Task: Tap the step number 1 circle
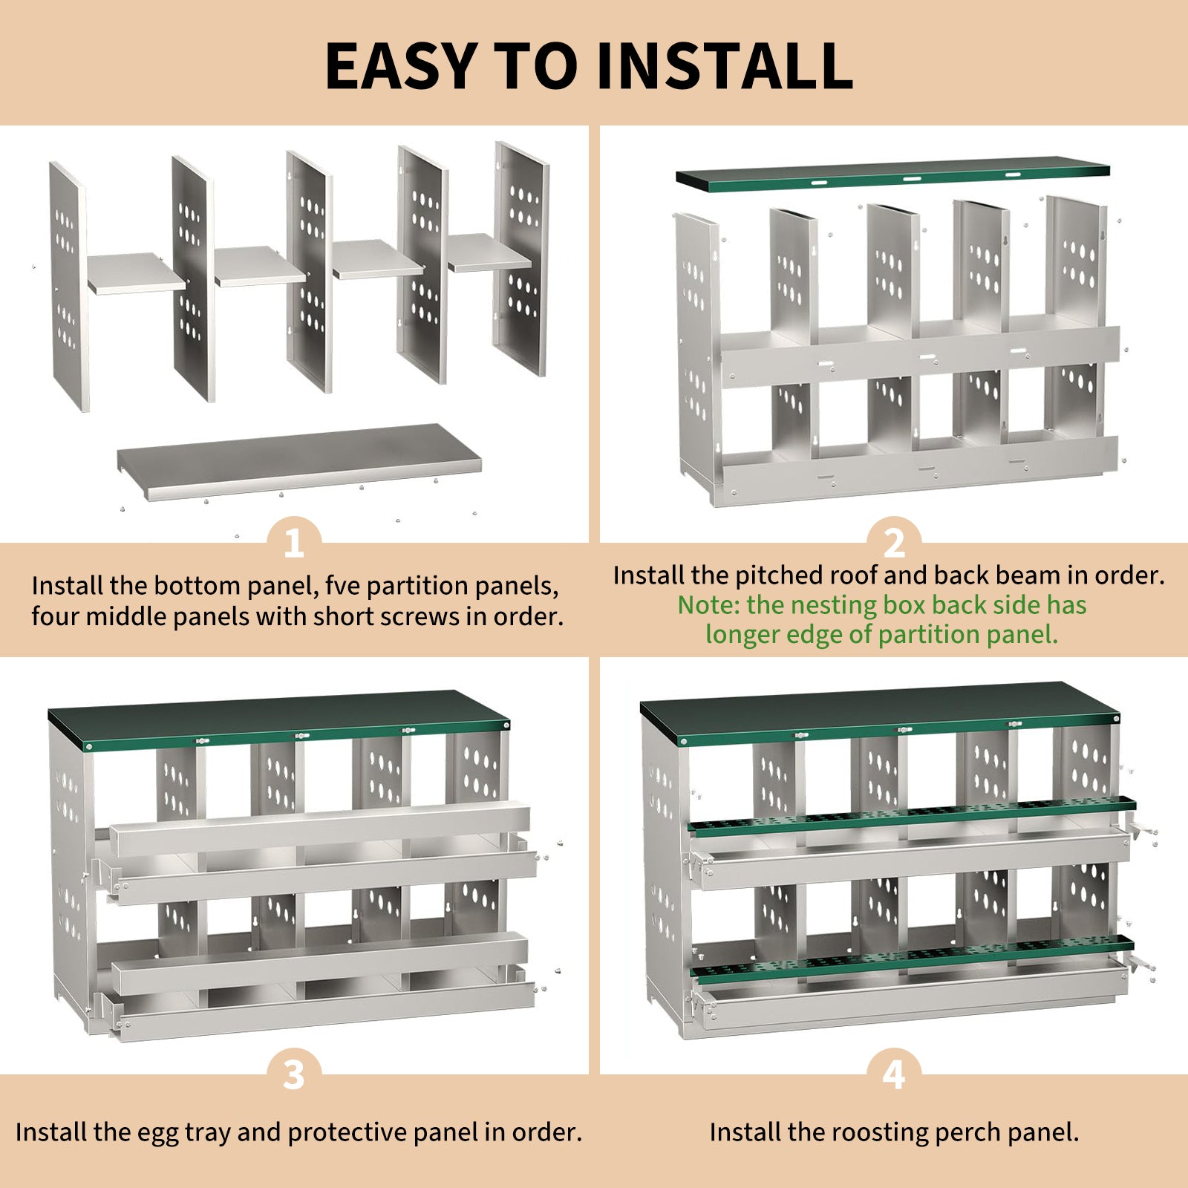point(294,543)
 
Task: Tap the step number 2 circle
point(894,543)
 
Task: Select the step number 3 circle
point(294,1074)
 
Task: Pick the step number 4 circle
point(894,1074)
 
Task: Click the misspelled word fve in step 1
point(342,586)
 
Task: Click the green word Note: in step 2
point(709,605)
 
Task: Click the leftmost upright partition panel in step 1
point(68,286)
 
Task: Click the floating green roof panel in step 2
point(891,174)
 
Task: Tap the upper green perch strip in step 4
point(910,813)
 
